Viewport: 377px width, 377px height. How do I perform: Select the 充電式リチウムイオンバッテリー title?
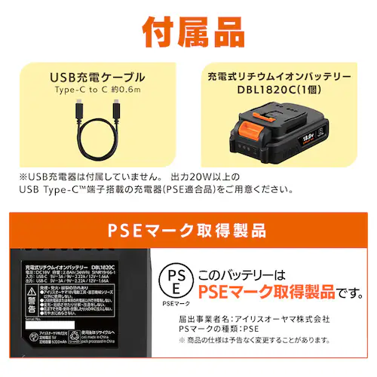(x=278, y=77)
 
